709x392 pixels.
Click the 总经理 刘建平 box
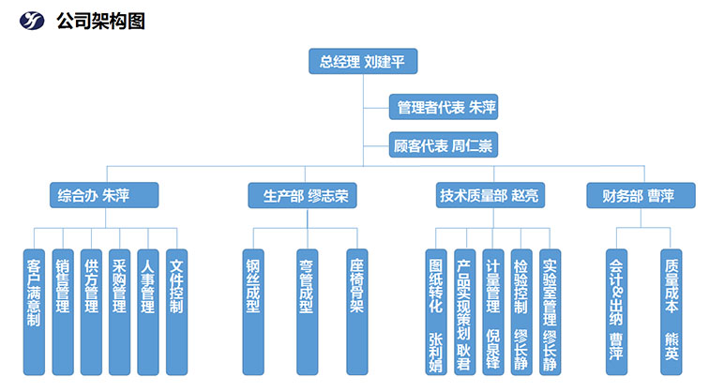coord(363,62)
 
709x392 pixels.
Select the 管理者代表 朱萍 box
coord(443,108)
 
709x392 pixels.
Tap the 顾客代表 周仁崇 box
coord(443,145)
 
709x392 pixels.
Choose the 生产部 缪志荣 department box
coord(304,196)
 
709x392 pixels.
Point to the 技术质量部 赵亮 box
coord(490,196)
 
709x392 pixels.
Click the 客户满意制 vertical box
coord(34,309)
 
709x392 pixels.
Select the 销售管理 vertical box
coord(62,309)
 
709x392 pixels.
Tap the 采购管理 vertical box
coord(119,309)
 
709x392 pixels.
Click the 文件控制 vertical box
coord(176,309)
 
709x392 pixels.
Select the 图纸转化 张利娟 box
coord(436,309)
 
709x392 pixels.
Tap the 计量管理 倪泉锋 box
coord(493,309)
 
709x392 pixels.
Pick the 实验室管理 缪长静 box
coord(551,309)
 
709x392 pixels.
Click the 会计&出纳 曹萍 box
coord(615,309)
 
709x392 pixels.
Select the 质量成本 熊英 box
coord(671,309)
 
